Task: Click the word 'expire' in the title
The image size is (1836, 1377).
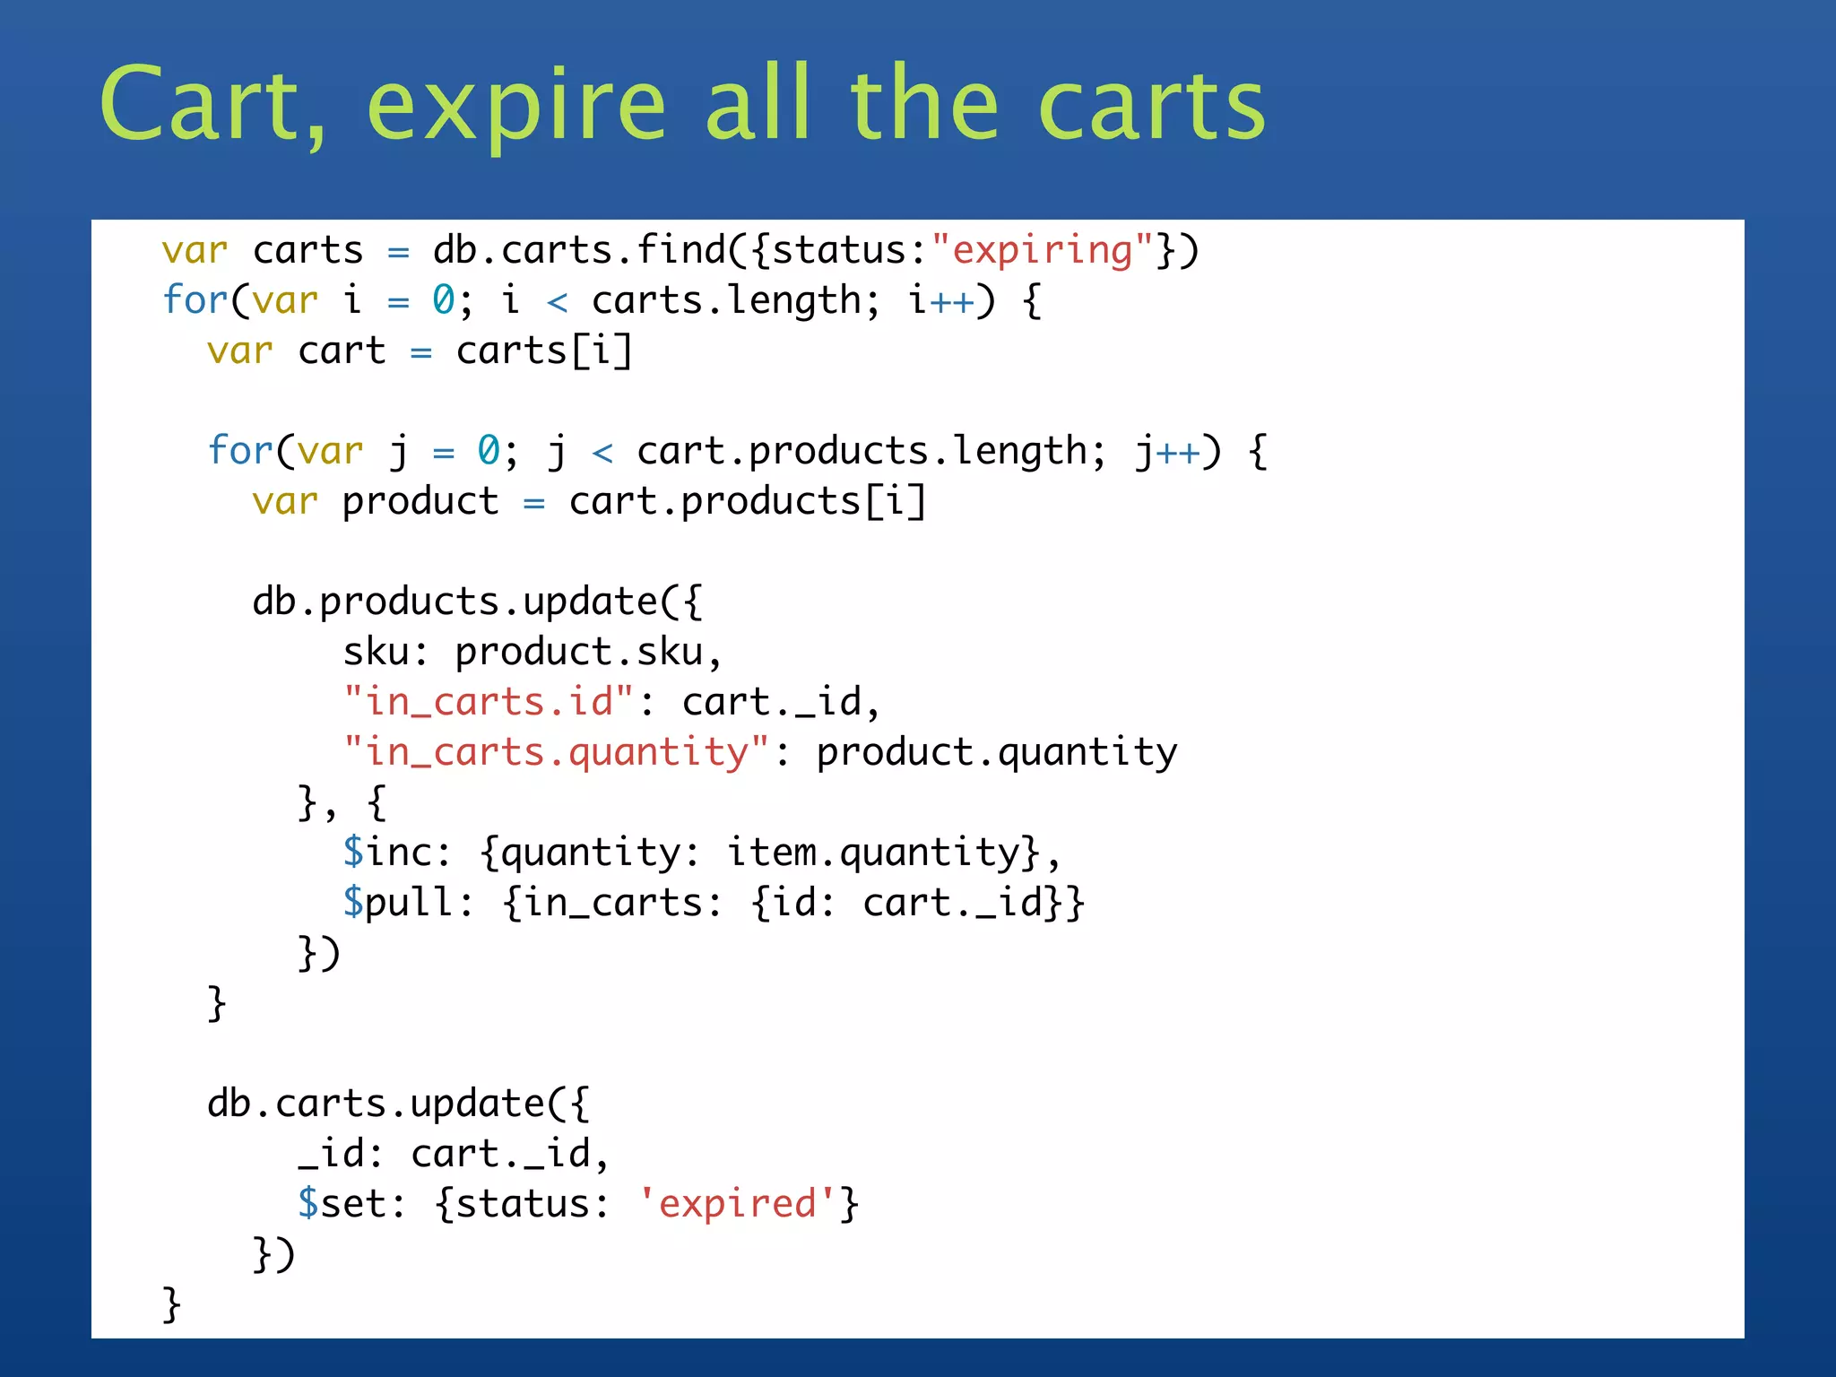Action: click(x=516, y=106)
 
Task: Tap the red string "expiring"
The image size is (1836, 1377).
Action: click(x=1043, y=250)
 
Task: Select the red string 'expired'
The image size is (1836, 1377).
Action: click(x=737, y=1203)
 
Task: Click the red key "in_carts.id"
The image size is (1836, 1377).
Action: click(x=489, y=701)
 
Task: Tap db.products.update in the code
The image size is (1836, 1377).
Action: click(x=455, y=601)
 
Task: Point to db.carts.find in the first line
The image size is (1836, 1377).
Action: click(x=579, y=250)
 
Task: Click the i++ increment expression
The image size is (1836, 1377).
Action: click(x=940, y=300)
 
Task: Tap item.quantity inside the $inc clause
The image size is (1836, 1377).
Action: click(x=873, y=852)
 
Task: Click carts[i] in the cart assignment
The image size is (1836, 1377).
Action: click(x=544, y=351)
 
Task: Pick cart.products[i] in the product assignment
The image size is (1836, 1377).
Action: click(x=747, y=501)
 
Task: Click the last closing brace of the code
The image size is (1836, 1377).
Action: click(x=171, y=1303)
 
